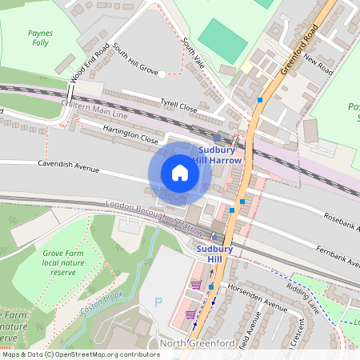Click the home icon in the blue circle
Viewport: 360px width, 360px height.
pyautogui.click(x=180, y=173)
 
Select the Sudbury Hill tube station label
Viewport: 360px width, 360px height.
pyautogui.click(x=214, y=254)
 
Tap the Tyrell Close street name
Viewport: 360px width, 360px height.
pyautogui.click(x=178, y=106)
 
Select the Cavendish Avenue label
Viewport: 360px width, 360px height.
pyautogui.click(x=68, y=166)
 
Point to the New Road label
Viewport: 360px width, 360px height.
pyautogui.click(x=318, y=62)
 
